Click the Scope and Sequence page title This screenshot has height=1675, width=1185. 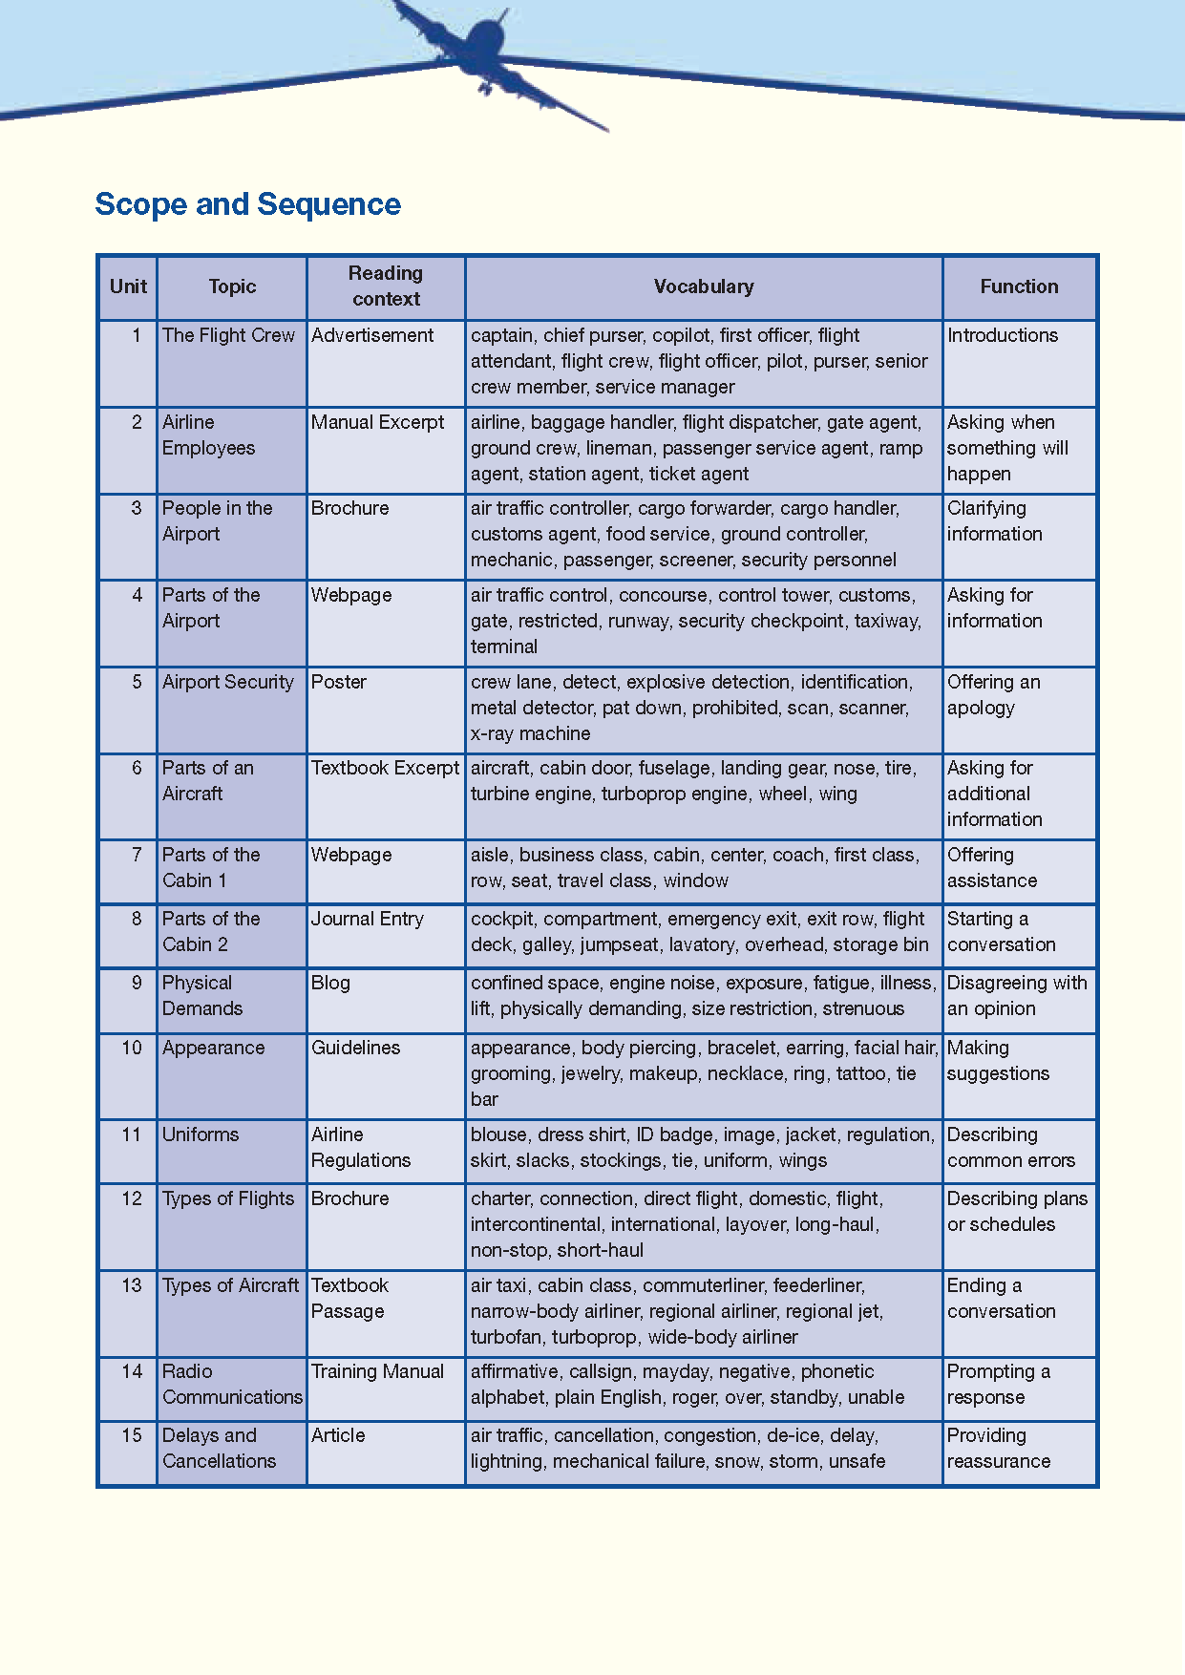click(x=247, y=204)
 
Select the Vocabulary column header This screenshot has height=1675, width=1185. click(x=704, y=286)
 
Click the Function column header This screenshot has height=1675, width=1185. click(x=1019, y=286)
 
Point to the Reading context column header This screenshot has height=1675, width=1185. click(x=386, y=286)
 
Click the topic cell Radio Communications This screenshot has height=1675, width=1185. click(x=232, y=1384)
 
